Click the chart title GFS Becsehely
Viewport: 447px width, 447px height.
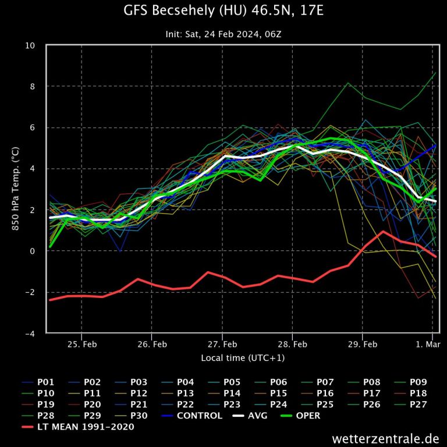(223, 11)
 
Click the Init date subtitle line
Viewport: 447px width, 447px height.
(223, 34)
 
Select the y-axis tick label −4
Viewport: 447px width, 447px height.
(28, 334)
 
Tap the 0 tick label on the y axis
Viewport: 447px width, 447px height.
(33, 251)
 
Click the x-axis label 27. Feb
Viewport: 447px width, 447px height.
(222, 345)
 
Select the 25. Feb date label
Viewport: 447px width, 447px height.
(81, 345)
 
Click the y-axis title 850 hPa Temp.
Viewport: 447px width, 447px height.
(16, 189)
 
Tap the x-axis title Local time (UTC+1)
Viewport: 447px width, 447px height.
(243, 357)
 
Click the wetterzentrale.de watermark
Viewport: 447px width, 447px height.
(386, 438)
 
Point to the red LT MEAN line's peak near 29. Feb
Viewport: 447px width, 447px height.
(383, 232)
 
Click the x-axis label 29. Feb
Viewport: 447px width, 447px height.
(362, 345)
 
